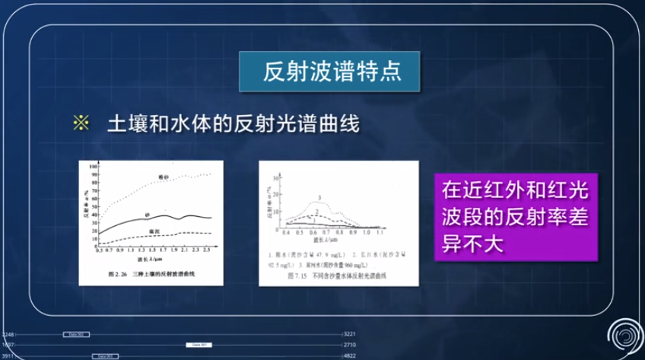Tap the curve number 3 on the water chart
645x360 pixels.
[x=319, y=198]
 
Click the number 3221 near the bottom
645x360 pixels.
[x=350, y=334]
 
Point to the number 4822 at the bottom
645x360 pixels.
[x=350, y=355]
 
